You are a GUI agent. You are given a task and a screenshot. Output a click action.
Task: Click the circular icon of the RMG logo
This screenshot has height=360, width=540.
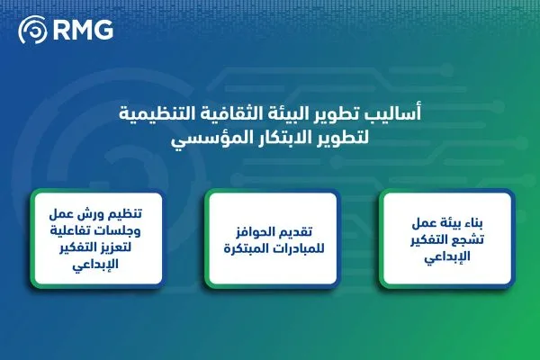[33, 31]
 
